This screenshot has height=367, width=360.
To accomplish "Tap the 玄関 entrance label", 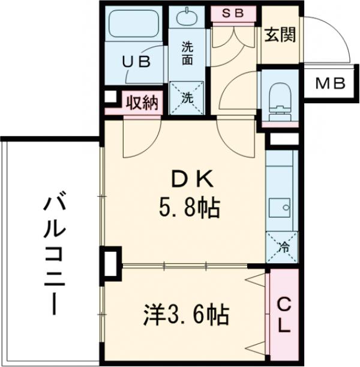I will pyautogui.click(x=279, y=35).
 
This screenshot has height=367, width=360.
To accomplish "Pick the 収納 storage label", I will pyautogui.click(x=142, y=103).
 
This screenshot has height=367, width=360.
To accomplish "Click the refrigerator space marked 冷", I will pyautogui.click(x=281, y=246).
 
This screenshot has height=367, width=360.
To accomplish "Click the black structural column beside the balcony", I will pyautogui.click(x=110, y=263).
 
